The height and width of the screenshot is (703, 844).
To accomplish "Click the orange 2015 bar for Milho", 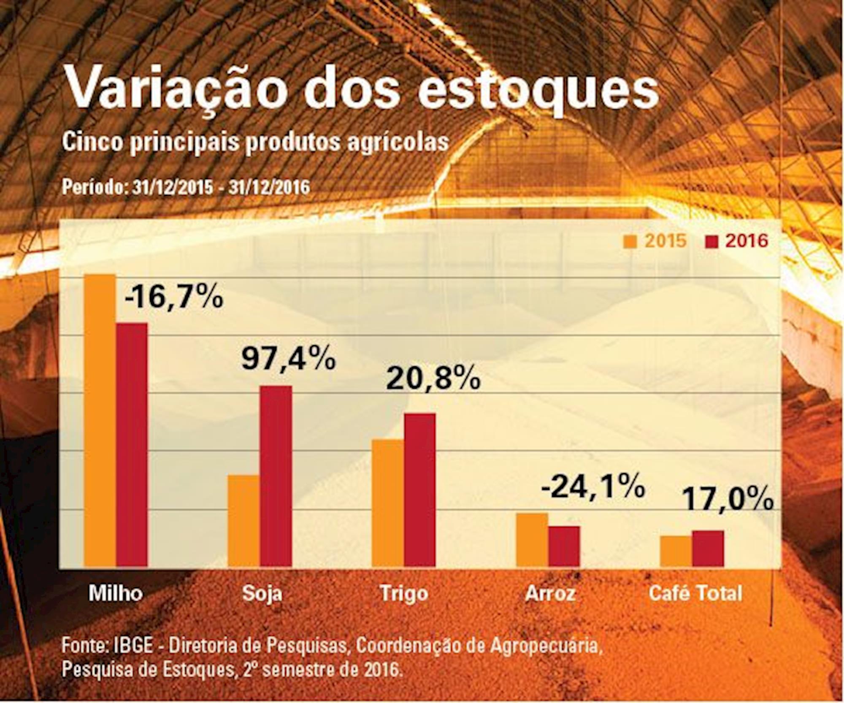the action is pos(100,420).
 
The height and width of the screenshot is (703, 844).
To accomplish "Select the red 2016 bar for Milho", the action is pos(132,445).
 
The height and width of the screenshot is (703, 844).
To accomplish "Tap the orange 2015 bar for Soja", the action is pos(244,521).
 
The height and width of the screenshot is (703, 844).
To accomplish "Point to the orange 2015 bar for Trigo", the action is pos(388,503).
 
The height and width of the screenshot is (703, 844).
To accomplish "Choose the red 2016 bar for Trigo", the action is pos(420,490).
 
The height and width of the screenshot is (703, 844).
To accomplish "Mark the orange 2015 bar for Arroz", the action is pos(532,540).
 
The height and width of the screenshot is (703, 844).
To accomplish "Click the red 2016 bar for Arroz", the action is pos(564,546).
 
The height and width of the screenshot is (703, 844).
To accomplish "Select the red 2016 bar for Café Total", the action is pos(708,549).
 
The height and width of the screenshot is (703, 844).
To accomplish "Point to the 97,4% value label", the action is pos(289,359).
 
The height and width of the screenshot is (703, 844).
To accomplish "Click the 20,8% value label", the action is pos(433,379).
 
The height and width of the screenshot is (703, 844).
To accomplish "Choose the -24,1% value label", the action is pos(593,487).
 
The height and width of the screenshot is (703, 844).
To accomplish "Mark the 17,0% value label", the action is pos(728,500).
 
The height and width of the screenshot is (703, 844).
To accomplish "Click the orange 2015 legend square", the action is pos(632,242).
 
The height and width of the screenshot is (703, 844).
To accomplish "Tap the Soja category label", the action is pos(262,594).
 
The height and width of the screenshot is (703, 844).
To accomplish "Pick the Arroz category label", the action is pos(551,594).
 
